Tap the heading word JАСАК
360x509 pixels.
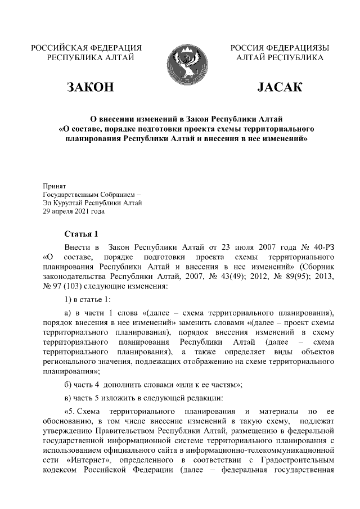[x=279, y=87]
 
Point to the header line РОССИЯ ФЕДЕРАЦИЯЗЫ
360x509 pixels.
[x=280, y=47]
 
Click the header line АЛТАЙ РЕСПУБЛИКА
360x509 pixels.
[x=280, y=57]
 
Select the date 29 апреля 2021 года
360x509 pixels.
[x=74, y=212]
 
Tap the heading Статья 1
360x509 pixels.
[x=82, y=234]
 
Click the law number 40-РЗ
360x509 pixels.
[x=324, y=247]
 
